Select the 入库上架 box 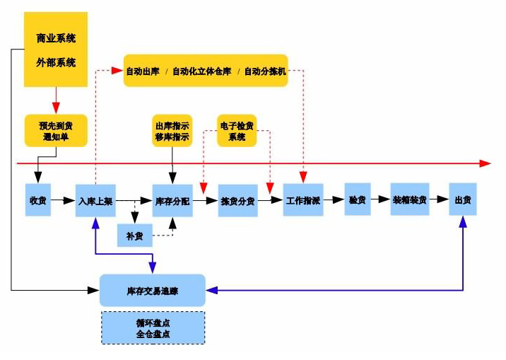tap(95, 201)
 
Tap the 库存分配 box tap(172, 201)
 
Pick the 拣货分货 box tap(237, 201)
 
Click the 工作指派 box tap(303, 201)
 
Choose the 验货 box tap(358, 200)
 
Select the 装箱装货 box tap(410, 200)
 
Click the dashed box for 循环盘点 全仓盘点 tap(153, 327)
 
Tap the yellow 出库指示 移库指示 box tap(172, 131)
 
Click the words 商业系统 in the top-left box tap(56, 38)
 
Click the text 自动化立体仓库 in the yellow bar tap(204, 71)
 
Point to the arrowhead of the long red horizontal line tap(485, 163)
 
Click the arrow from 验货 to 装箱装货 tap(381, 200)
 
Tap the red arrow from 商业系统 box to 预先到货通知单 tap(56, 99)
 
